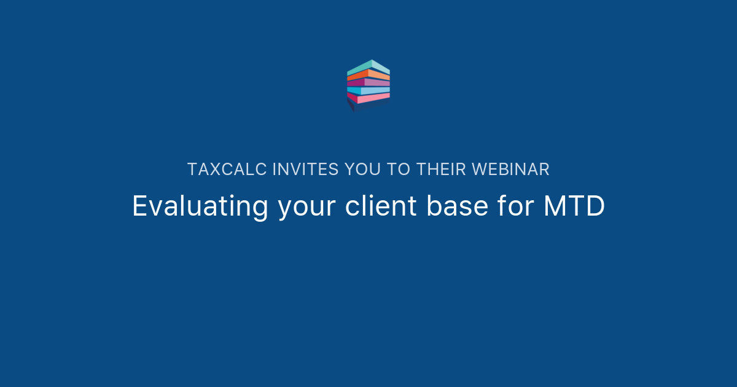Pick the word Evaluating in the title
[200, 206]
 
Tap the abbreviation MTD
[574, 206]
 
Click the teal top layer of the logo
[368, 67]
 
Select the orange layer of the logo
[368, 75]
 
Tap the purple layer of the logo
[368, 82]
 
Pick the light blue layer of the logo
[368, 90]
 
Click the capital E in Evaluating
[139, 206]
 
